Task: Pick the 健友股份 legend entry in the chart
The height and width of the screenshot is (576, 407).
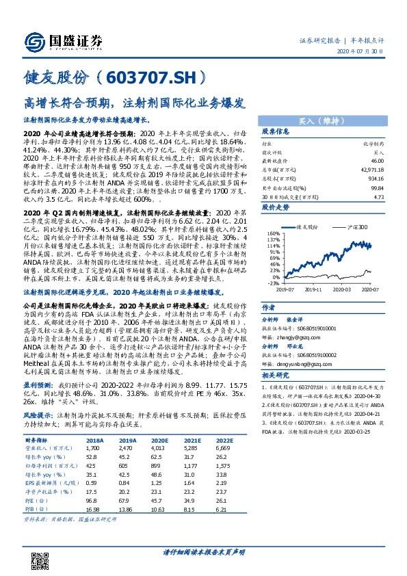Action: (x=310, y=226)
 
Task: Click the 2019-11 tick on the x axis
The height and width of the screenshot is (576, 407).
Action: (x=314, y=289)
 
